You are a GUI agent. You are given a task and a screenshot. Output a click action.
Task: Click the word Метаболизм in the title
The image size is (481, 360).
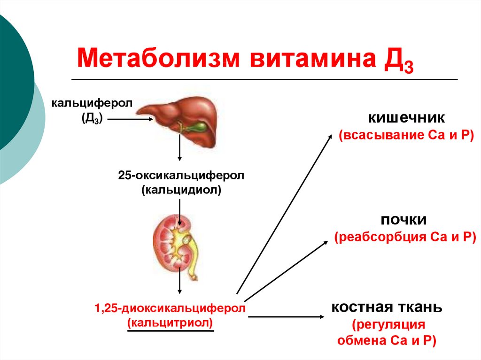[x=158, y=58]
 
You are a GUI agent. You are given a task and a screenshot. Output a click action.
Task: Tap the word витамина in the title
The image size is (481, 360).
[x=312, y=58]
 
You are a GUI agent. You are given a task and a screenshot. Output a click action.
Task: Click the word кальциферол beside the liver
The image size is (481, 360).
[x=92, y=103]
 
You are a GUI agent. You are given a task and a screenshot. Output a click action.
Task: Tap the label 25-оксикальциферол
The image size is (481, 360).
[x=181, y=176]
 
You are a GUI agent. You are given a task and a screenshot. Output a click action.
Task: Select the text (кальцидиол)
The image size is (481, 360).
[x=181, y=190]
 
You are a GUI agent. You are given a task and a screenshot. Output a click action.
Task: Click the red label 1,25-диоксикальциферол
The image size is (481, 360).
[x=170, y=308]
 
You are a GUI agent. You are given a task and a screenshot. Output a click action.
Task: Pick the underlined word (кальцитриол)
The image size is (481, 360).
[x=170, y=322]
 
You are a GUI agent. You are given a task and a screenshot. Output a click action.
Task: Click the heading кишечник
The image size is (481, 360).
[x=406, y=118]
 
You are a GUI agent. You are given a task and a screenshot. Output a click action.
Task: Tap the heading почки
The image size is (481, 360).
[x=403, y=220]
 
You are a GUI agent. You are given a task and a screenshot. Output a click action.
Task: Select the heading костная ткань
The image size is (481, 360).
[x=387, y=307]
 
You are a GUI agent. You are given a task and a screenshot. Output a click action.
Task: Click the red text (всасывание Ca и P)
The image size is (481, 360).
[x=406, y=135]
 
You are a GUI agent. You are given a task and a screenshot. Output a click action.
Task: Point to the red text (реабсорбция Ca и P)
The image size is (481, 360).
[x=405, y=237]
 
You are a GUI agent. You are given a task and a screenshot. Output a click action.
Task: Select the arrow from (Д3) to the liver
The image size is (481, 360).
[x=130, y=119]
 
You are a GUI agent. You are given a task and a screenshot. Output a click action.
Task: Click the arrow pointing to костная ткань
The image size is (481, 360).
[x=286, y=317]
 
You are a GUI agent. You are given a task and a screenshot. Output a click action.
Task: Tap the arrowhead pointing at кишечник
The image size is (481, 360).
[x=330, y=137]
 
